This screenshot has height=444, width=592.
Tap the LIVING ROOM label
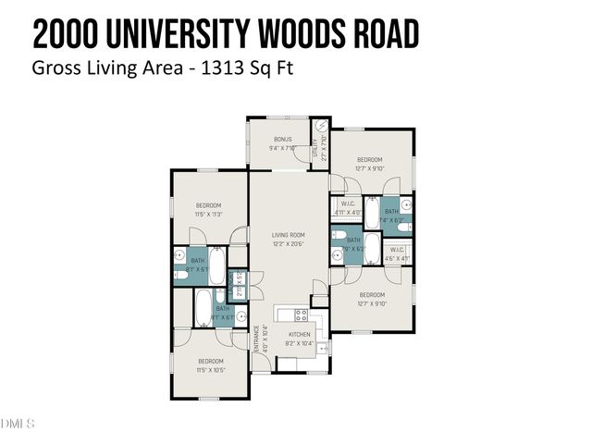288,235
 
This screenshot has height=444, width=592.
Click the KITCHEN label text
299,334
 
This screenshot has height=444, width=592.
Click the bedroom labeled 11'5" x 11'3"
208,205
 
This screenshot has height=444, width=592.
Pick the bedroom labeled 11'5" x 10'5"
210,361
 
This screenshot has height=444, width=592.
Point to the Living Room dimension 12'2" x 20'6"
288,243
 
